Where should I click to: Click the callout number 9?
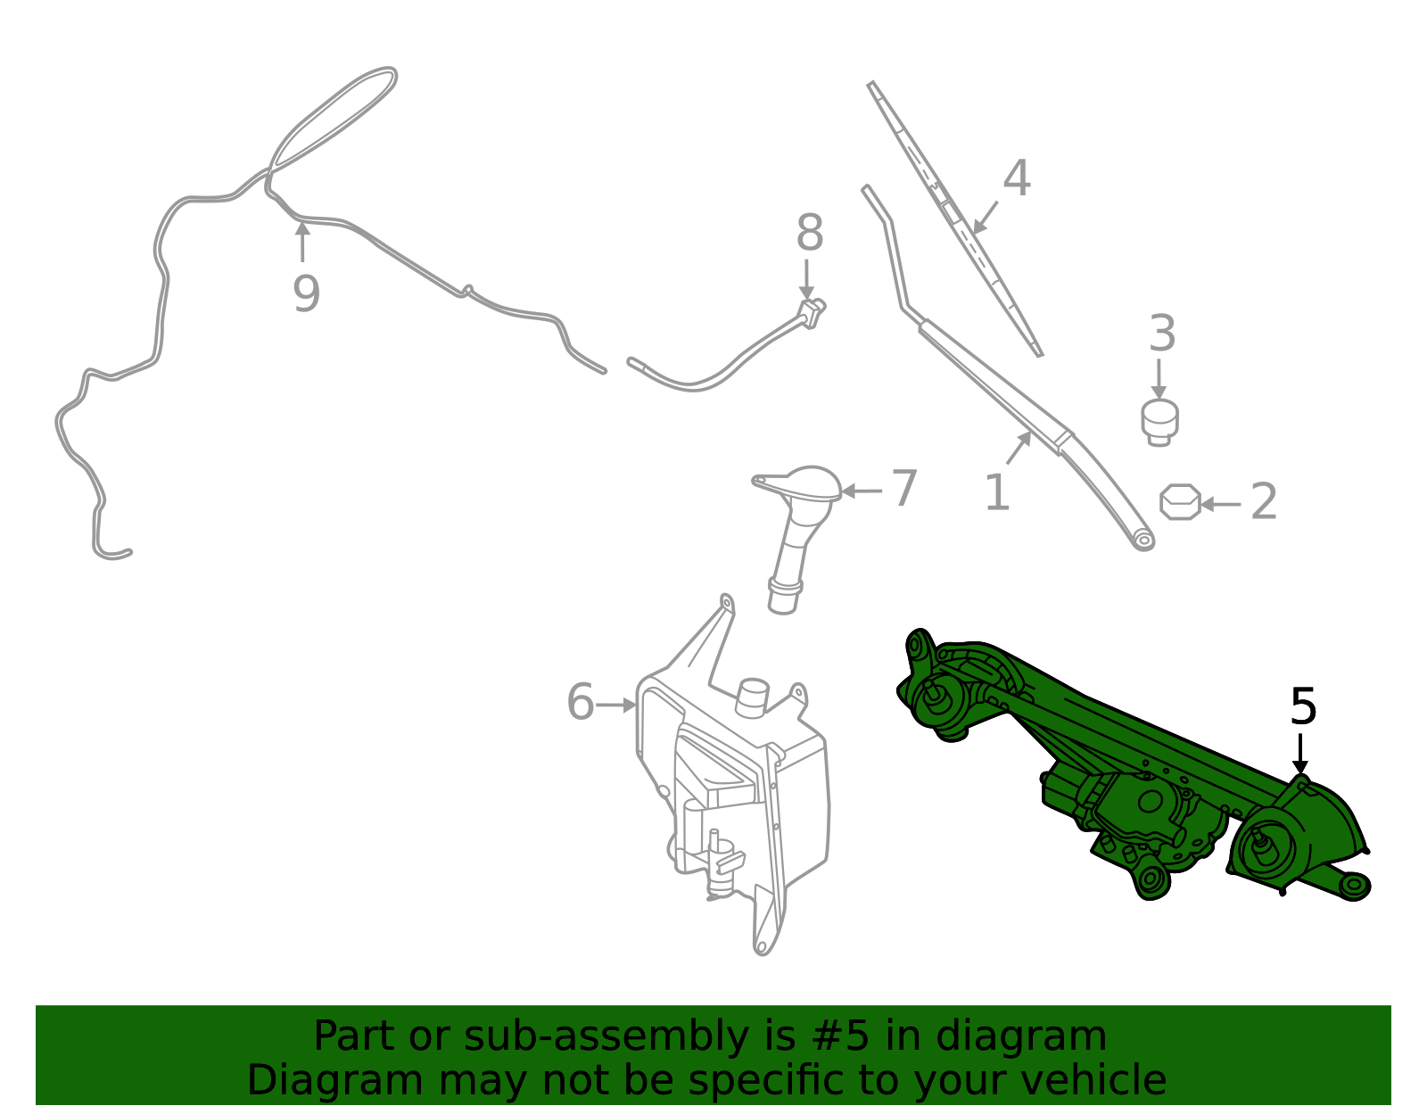(306, 293)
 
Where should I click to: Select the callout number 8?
(809, 234)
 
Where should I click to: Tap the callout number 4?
(1017, 178)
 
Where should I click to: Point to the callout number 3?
(1161, 334)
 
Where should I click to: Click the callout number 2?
(1264, 502)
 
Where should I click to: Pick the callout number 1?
(997, 493)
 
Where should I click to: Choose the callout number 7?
(904, 489)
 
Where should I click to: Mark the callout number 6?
(581, 702)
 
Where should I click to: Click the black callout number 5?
(1303, 707)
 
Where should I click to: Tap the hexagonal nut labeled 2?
(1180, 502)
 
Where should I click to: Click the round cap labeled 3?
(1159, 421)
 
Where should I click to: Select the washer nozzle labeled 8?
(811, 312)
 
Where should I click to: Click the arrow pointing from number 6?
(615, 705)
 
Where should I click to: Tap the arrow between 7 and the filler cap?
(862, 491)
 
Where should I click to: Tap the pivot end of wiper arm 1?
(1142, 539)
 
